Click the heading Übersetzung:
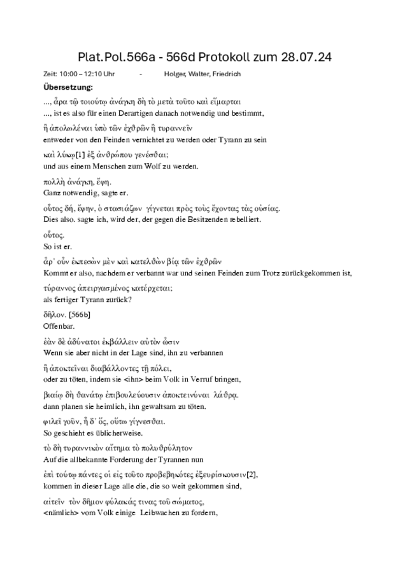[68, 86]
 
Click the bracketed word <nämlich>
[60, 513]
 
